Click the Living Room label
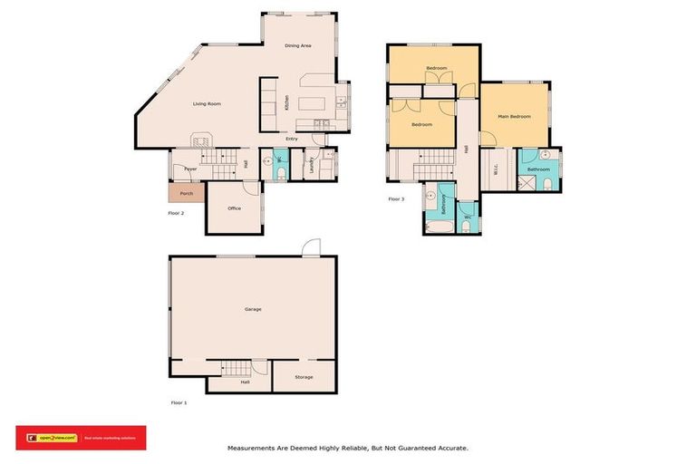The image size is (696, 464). (207, 104)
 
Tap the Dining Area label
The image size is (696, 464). (298, 45)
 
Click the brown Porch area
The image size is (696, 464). (186, 193)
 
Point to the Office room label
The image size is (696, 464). (234, 208)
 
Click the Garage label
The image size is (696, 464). (253, 310)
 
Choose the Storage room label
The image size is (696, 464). (304, 377)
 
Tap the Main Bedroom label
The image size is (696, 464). (514, 117)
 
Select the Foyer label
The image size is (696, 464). (191, 169)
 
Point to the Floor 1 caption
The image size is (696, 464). (179, 401)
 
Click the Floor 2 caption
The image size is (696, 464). (176, 213)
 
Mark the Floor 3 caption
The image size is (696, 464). (396, 198)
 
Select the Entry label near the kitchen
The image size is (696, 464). (291, 139)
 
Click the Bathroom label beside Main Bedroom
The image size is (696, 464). (539, 169)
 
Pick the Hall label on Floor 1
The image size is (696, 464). (245, 382)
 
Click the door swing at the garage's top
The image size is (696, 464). (312, 246)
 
